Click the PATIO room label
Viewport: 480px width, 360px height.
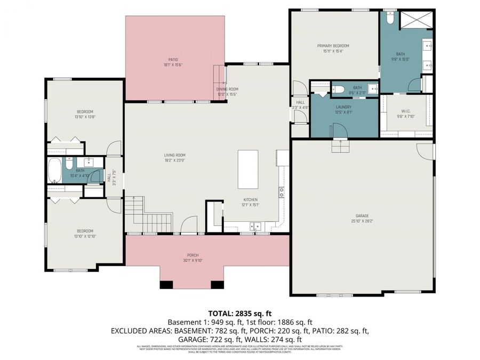click(x=173, y=59)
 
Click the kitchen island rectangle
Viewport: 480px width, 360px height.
click(x=248, y=169)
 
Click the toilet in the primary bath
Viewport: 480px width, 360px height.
click(x=390, y=18)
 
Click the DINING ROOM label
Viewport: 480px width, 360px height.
click(x=227, y=89)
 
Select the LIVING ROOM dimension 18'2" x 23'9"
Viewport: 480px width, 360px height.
click(x=175, y=161)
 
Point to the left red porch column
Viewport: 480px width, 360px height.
click(x=167, y=284)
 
